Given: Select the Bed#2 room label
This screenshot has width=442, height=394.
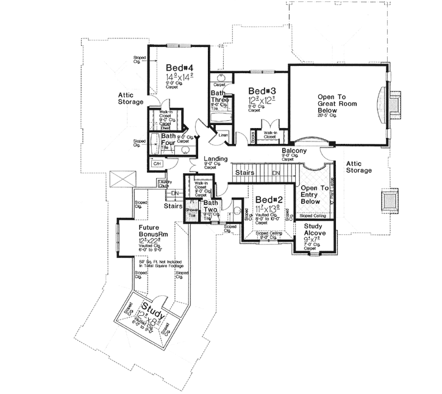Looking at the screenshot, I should pos(267,200).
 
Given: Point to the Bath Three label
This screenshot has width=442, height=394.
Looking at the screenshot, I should pos(219,98).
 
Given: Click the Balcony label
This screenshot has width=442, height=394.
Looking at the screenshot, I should pos(293,151).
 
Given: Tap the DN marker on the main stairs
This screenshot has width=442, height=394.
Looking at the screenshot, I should pos(275,173).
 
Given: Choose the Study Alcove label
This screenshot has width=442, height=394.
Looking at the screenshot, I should pos(314,229).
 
